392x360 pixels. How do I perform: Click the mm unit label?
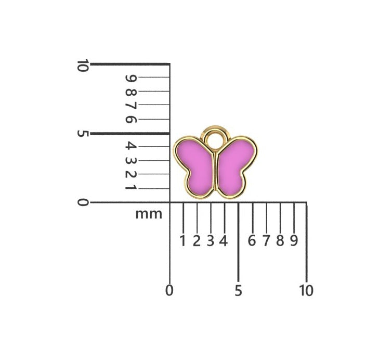[149, 214]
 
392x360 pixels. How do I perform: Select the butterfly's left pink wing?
[195, 165]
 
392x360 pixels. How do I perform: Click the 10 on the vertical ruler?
[82, 66]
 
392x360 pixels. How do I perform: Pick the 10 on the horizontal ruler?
[306, 291]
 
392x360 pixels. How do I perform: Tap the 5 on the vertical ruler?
[82, 134]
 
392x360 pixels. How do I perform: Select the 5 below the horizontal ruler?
[238, 291]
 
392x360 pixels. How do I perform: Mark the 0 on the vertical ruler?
[82, 202]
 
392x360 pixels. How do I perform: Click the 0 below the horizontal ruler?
[169, 291]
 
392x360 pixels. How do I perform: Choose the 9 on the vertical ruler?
[130, 78]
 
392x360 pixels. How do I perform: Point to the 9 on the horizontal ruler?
[294, 241]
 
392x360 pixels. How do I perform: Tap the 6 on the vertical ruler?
[130, 119]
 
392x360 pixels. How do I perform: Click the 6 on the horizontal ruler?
[252, 241]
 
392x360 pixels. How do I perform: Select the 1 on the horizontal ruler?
[182, 241]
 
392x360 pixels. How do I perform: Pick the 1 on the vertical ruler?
[130, 187]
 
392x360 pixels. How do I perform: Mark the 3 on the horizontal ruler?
[211, 241]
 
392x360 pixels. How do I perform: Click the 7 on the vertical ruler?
[130, 106]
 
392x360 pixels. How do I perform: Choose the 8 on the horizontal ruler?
[280, 241]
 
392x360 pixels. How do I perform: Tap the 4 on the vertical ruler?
[130, 146]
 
